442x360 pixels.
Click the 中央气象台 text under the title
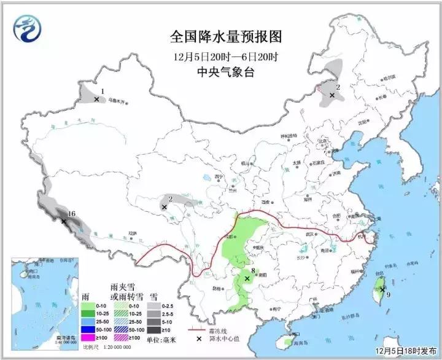point(225,72)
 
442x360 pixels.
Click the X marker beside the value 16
point(64,221)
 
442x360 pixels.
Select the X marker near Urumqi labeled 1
point(97,99)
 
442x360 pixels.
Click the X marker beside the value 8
point(247,278)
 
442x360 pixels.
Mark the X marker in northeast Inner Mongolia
point(332,95)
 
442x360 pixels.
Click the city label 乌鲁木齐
point(115,100)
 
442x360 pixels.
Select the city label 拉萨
point(131,233)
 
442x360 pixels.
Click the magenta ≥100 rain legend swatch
point(88,337)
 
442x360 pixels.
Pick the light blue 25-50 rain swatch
point(88,321)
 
